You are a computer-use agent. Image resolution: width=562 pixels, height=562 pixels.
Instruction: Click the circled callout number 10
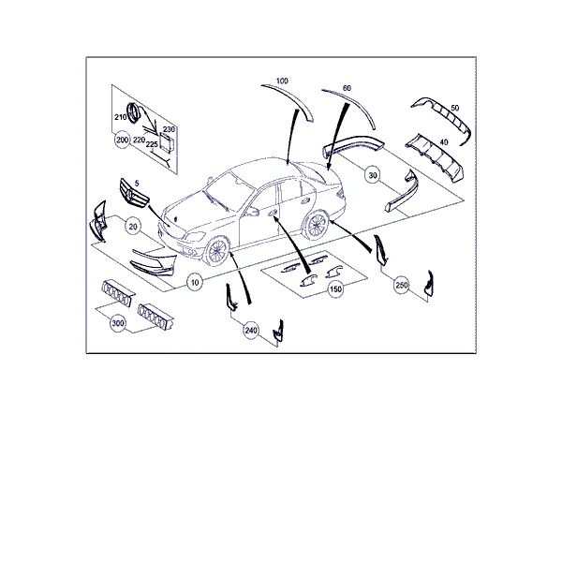click(x=195, y=283)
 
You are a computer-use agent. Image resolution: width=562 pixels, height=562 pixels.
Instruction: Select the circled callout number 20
click(x=133, y=227)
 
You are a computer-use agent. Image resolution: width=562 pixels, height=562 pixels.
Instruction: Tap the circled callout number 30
click(x=373, y=175)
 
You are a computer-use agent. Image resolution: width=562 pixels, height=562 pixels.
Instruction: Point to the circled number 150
click(x=335, y=288)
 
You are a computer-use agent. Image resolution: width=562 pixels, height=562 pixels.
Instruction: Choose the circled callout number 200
click(x=122, y=140)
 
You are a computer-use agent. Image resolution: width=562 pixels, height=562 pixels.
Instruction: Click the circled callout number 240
click(x=251, y=330)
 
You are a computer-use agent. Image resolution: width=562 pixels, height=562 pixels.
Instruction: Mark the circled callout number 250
click(x=402, y=285)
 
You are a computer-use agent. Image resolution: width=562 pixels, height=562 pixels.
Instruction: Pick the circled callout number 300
click(x=118, y=323)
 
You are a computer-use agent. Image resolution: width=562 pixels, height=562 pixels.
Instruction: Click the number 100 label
click(x=282, y=81)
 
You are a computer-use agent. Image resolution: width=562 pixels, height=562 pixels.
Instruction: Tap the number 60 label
click(x=347, y=88)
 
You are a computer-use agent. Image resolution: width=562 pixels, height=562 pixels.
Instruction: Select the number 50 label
click(x=455, y=108)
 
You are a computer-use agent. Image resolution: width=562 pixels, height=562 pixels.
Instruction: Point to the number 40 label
click(x=444, y=142)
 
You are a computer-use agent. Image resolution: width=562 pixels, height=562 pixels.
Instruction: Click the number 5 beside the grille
click(x=137, y=184)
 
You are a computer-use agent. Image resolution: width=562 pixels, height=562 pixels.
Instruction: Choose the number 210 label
click(x=121, y=117)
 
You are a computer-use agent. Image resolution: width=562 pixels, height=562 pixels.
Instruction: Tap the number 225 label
click(x=152, y=144)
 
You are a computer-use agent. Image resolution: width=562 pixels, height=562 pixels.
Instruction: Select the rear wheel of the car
click(x=317, y=226)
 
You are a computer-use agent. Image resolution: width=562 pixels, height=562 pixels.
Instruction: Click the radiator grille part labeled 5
click(x=134, y=194)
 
